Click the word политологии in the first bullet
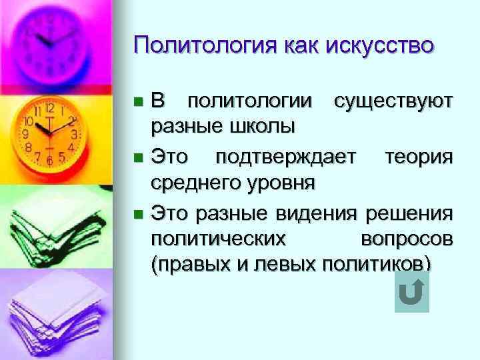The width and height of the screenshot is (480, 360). tap(249, 102)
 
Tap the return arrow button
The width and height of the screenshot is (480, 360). tap(411, 293)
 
